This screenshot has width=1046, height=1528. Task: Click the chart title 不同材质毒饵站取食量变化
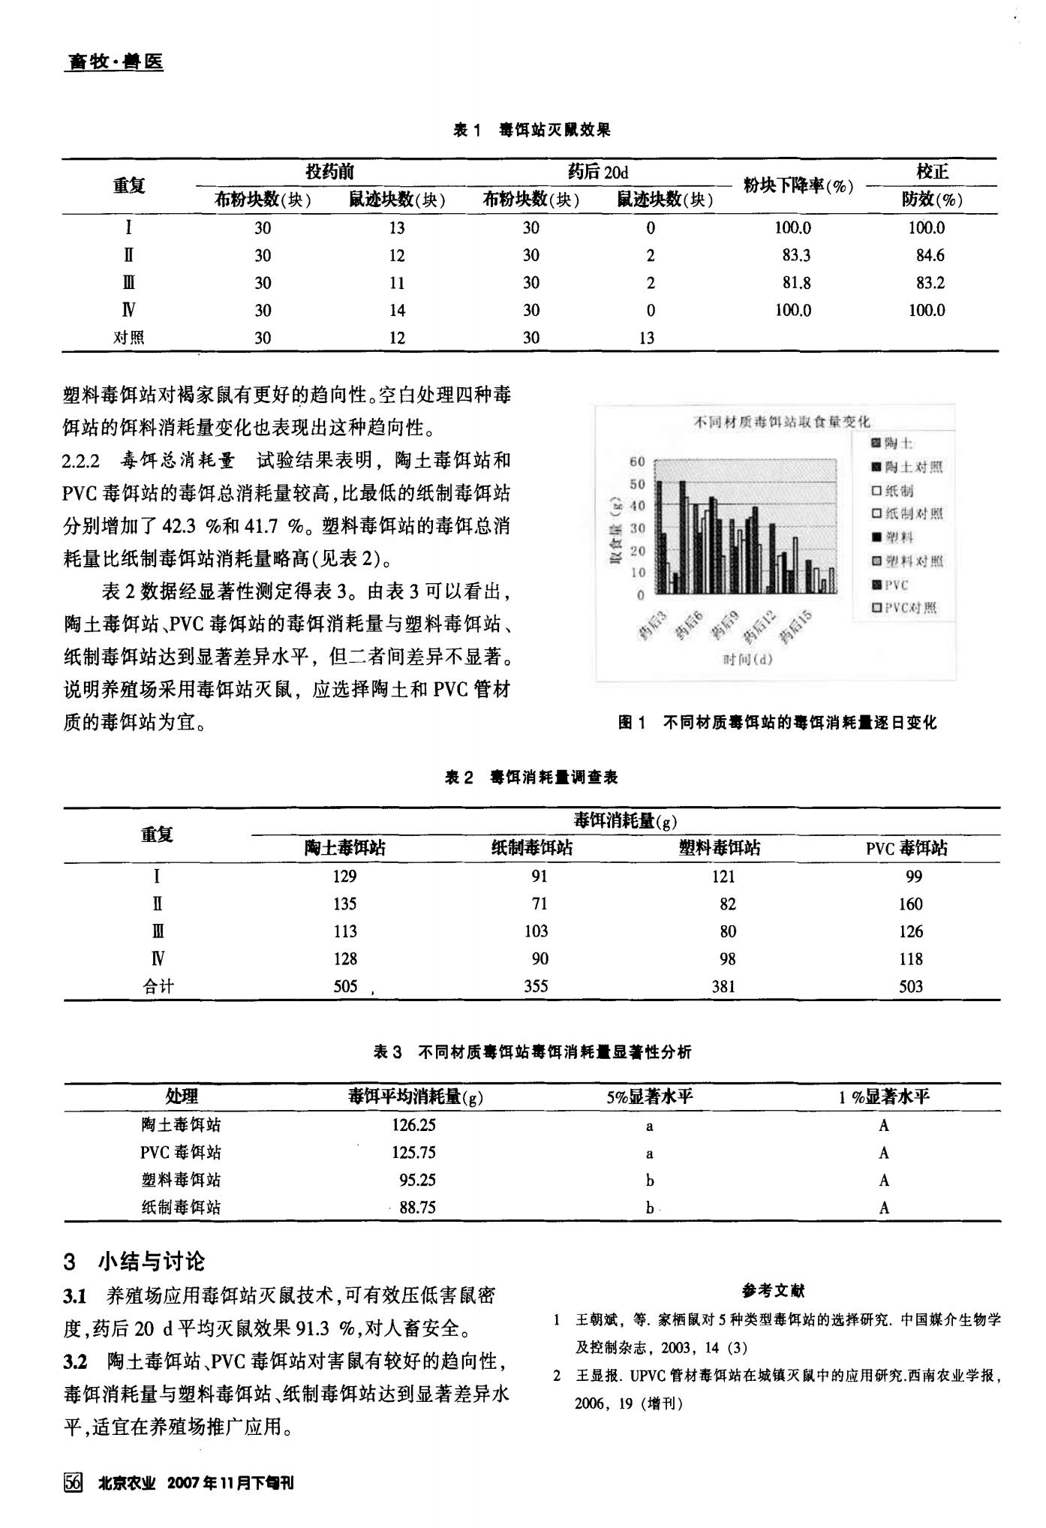(x=780, y=422)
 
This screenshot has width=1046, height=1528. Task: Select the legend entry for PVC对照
(x=905, y=608)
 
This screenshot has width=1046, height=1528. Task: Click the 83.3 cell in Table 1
(x=795, y=255)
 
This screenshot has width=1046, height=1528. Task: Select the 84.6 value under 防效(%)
(x=930, y=255)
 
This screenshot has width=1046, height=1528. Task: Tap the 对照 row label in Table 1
(x=128, y=338)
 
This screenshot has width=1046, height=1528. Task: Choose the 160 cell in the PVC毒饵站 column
(x=910, y=904)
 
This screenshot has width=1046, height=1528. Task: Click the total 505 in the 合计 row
(x=345, y=986)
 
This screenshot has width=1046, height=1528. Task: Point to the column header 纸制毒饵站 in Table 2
(x=532, y=848)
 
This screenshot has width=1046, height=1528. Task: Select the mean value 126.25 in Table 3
(x=413, y=1125)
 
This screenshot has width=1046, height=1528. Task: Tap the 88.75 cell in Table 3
(x=417, y=1208)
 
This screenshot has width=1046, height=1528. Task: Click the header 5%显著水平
(x=650, y=1096)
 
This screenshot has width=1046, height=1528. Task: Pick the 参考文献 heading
(x=774, y=1291)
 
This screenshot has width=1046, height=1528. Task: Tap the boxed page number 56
(x=74, y=1482)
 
